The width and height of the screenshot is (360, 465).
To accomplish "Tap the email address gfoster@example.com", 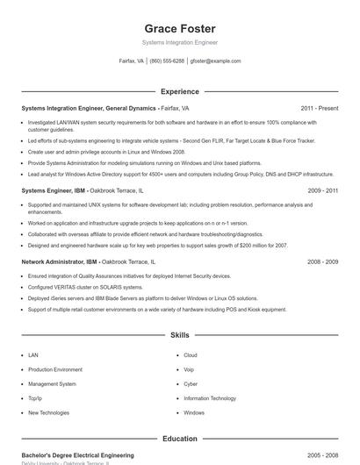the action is tap(214, 61).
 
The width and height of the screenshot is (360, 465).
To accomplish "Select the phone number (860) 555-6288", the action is tap(167, 61).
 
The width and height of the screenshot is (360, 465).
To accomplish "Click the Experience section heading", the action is tap(179, 91).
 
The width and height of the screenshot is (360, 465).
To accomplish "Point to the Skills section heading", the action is tap(179, 335).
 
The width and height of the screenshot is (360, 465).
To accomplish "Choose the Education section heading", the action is tap(179, 439).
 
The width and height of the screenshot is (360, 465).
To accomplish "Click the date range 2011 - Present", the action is tap(320, 108).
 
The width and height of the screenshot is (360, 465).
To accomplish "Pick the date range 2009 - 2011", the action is tap(321, 190).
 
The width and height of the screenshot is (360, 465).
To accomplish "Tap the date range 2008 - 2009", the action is tap(321, 261).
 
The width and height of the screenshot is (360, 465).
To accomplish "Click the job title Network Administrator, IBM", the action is tap(59, 261).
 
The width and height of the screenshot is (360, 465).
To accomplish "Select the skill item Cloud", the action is tap(190, 355).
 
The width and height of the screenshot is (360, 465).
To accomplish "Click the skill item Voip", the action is tap(189, 369).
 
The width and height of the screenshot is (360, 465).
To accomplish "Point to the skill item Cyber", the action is tap(191, 383).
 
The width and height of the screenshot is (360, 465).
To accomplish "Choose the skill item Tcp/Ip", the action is tap(36, 398).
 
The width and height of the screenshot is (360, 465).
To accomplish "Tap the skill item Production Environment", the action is tap(54, 369).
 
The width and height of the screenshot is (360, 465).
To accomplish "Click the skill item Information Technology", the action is tap(210, 398).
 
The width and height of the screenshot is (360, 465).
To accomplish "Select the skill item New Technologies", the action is tap(48, 412).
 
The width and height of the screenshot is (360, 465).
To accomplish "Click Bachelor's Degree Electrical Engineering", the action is tap(77, 455).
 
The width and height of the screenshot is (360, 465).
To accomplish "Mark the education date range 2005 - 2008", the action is tap(321, 455).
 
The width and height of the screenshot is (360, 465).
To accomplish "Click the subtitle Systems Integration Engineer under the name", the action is tap(179, 42).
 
